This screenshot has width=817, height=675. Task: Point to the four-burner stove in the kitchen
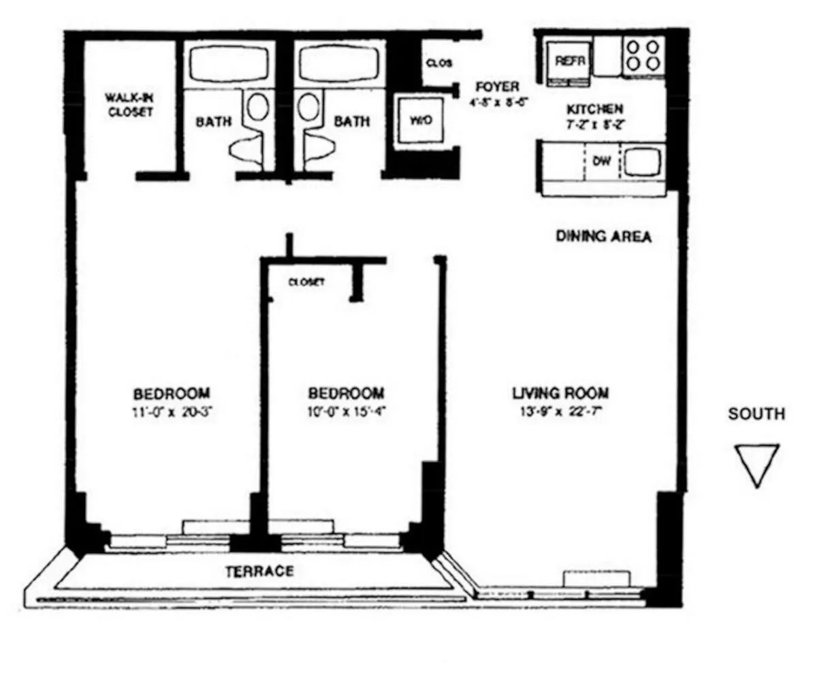(643, 55)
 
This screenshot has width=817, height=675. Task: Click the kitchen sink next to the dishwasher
(643, 162)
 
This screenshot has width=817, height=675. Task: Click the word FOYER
(497, 87)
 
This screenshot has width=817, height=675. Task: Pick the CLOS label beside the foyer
(439, 63)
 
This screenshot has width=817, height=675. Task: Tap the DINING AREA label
(603, 236)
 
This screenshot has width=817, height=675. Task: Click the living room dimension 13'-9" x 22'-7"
(560, 411)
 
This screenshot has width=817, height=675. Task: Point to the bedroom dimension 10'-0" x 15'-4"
(346, 411)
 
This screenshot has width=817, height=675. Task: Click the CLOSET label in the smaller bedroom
(306, 281)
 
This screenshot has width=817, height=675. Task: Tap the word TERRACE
(259, 571)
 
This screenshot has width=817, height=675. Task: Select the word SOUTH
(756, 413)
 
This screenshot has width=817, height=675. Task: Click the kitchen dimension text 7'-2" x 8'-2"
(594, 125)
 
